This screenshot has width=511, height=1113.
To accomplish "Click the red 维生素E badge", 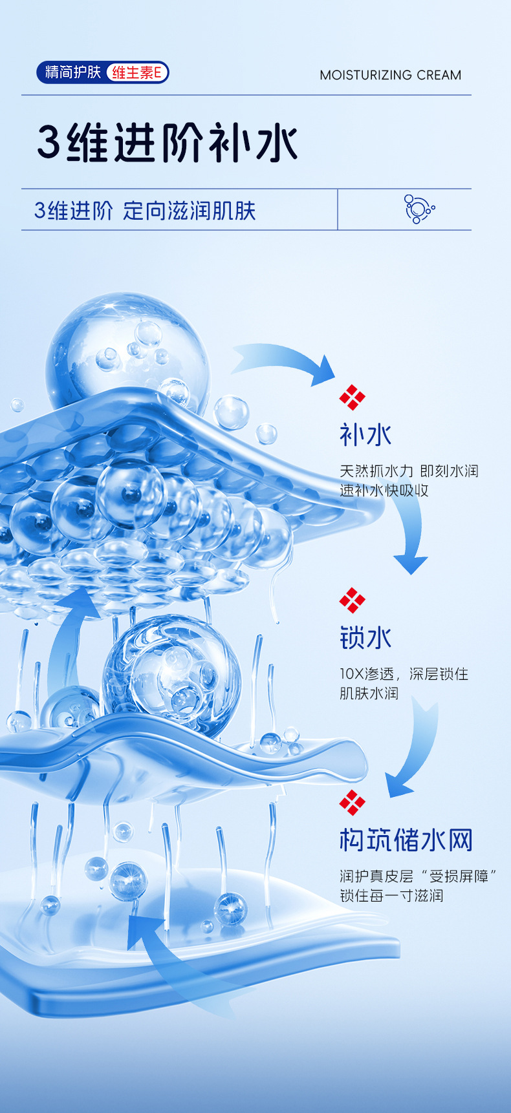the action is click(136, 72).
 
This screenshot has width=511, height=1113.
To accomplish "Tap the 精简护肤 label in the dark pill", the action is click(72, 72).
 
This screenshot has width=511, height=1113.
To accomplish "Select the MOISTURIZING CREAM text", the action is click(390, 75).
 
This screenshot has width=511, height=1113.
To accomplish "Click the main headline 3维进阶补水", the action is click(167, 142).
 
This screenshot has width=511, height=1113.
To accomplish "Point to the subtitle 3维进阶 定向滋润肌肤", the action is click(145, 211).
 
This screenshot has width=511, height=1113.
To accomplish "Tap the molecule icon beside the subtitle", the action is click(419, 209).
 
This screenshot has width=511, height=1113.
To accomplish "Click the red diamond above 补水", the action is click(352, 397).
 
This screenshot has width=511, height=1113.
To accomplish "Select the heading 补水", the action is click(365, 435).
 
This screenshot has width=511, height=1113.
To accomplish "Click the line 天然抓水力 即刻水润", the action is click(409, 471).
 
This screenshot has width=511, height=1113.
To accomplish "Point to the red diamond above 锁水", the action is click(352, 600).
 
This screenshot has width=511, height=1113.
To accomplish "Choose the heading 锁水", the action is click(365, 638).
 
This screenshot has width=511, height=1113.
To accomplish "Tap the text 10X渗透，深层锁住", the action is click(404, 674).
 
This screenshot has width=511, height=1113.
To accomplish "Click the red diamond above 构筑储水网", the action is click(352, 803).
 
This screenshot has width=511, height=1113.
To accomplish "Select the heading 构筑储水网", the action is click(406, 840).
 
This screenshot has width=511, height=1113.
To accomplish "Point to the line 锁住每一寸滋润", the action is click(391, 896).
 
